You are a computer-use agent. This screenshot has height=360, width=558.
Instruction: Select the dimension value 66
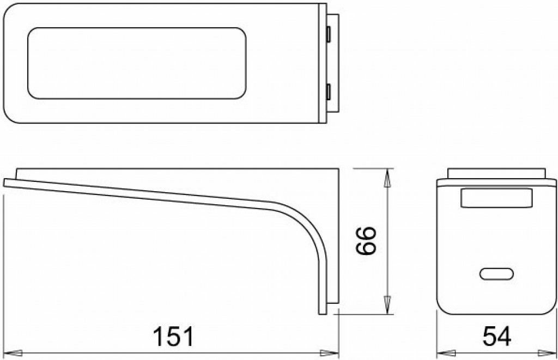click(366, 240)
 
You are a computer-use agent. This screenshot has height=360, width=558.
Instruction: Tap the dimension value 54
click(496, 337)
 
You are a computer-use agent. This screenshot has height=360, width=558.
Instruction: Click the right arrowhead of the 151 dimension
click(330, 353)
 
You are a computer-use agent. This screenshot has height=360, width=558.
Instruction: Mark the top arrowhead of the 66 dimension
click(387, 178)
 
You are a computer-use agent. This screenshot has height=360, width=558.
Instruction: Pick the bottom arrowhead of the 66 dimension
click(387, 305)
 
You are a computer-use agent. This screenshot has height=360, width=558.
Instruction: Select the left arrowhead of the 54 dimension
click(445, 353)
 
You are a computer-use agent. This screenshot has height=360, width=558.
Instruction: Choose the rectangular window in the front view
click(496, 198)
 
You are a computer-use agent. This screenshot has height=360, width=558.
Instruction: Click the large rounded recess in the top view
click(136, 63)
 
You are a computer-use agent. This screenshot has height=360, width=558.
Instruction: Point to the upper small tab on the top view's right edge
click(329, 34)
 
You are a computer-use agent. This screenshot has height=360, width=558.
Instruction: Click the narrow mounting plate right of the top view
click(336, 63)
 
